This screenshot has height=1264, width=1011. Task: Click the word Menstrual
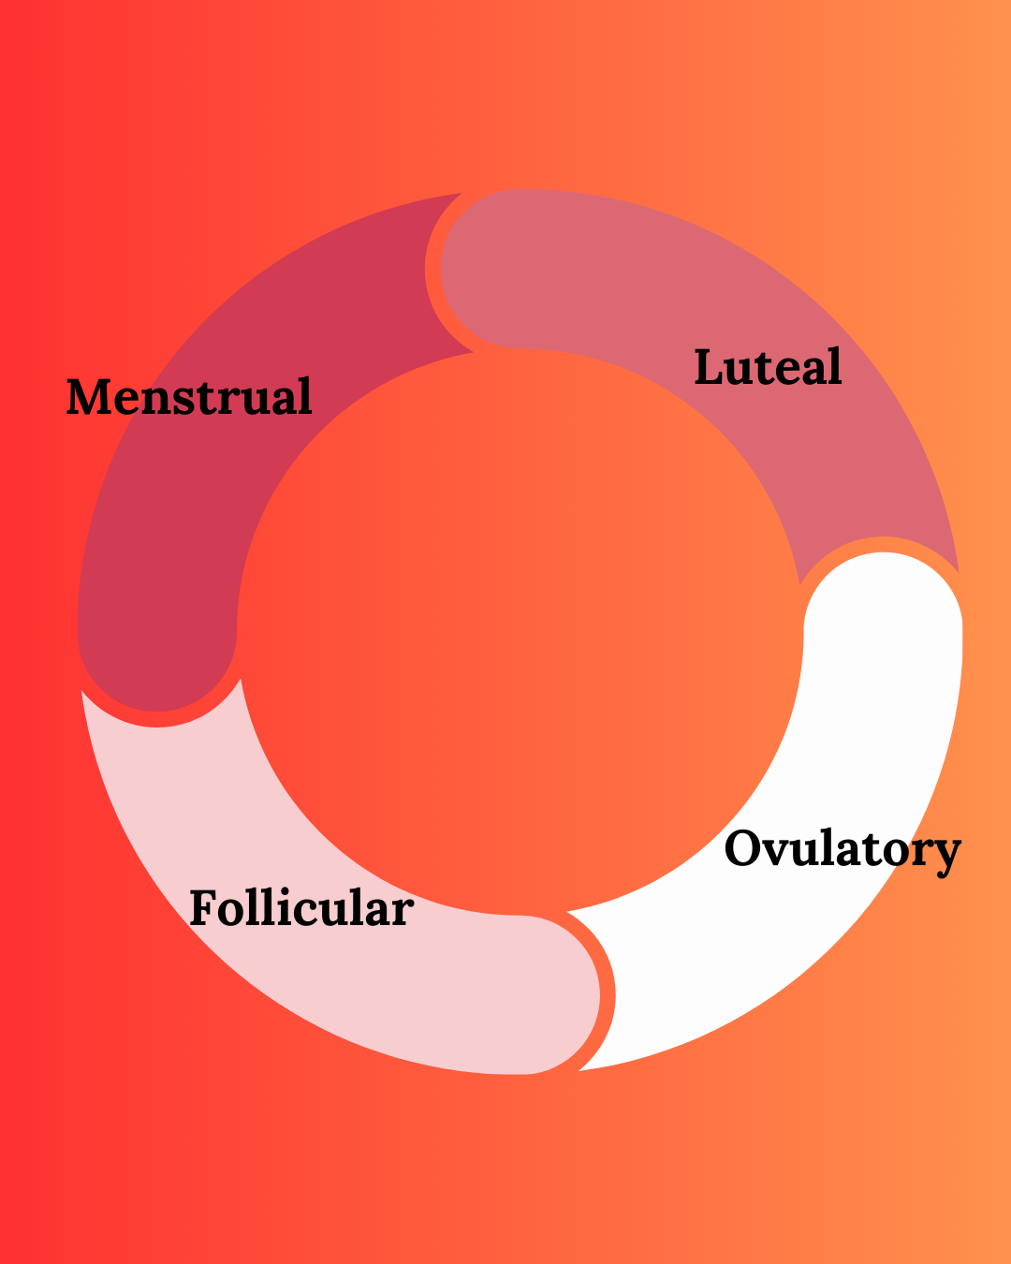tap(189, 397)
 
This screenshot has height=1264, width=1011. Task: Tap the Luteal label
tap(768, 367)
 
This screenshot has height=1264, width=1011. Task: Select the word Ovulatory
tap(842, 850)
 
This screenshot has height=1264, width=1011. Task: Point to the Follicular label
tap(301, 908)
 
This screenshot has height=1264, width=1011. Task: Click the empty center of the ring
tap(520, 632)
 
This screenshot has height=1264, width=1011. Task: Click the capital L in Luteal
tap(708, 367)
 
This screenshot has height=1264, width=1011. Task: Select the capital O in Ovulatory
tap(745, 849)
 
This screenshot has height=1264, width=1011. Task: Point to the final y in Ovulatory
tap(946, 854)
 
